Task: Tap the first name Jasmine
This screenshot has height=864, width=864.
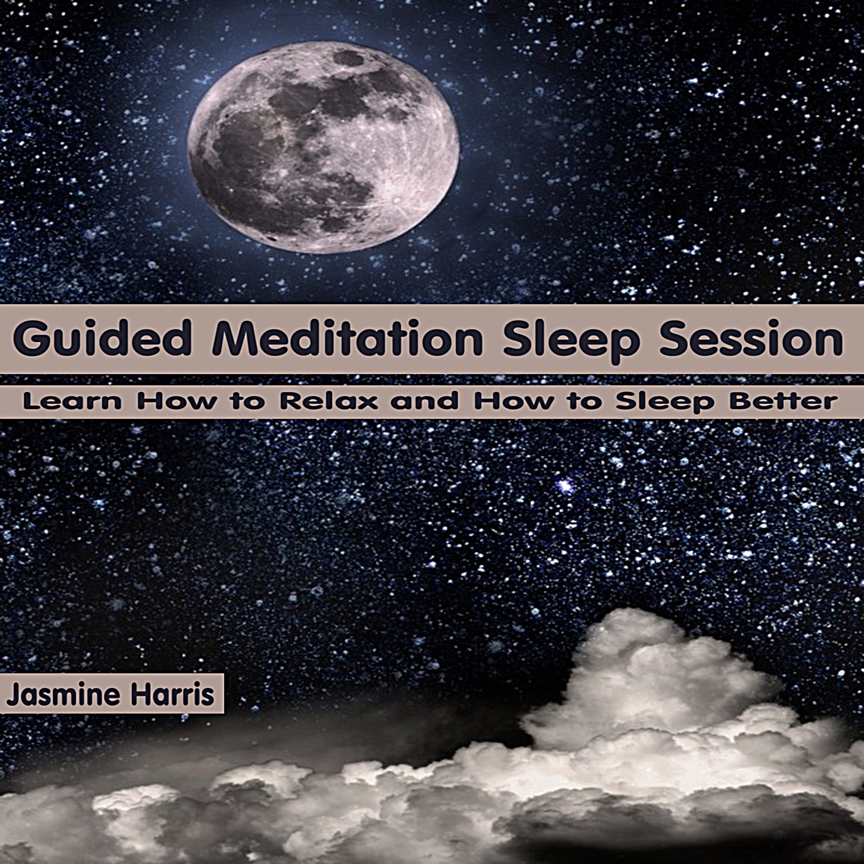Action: pos(63,696)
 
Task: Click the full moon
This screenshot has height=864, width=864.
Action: pos(323,148)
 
